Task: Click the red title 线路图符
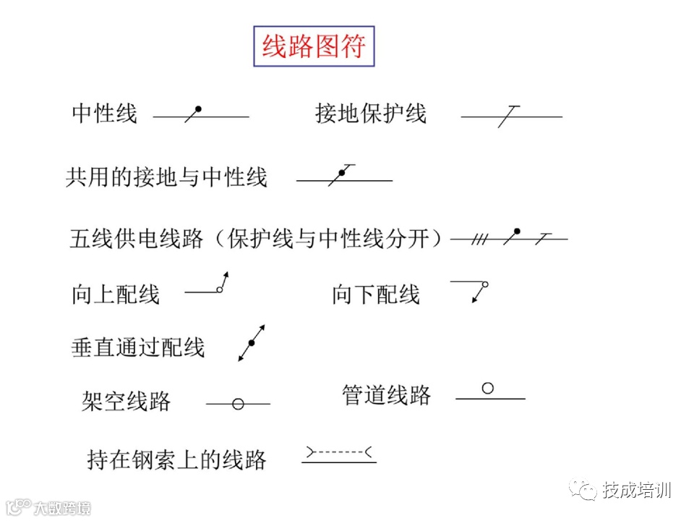(314, 47)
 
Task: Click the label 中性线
(104, 114)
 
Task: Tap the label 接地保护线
(371, 114)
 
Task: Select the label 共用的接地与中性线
(166, 177)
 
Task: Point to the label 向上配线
(116, 295)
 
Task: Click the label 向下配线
(376, 295)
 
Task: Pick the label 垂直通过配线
(138, 347)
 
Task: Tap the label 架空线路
(127, 401)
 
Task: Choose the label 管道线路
(387, 395)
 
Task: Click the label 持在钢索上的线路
(177, 459)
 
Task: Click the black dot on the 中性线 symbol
(198, 109)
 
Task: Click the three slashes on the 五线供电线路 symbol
(478, 238)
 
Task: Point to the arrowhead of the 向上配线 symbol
(227, 276)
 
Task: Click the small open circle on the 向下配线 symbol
(485, 285)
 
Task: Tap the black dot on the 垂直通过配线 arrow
(252, 342)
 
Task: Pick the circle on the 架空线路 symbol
(238, 404)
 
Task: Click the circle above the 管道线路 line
(488, 389)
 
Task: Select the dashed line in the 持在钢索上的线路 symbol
(338, 452)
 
